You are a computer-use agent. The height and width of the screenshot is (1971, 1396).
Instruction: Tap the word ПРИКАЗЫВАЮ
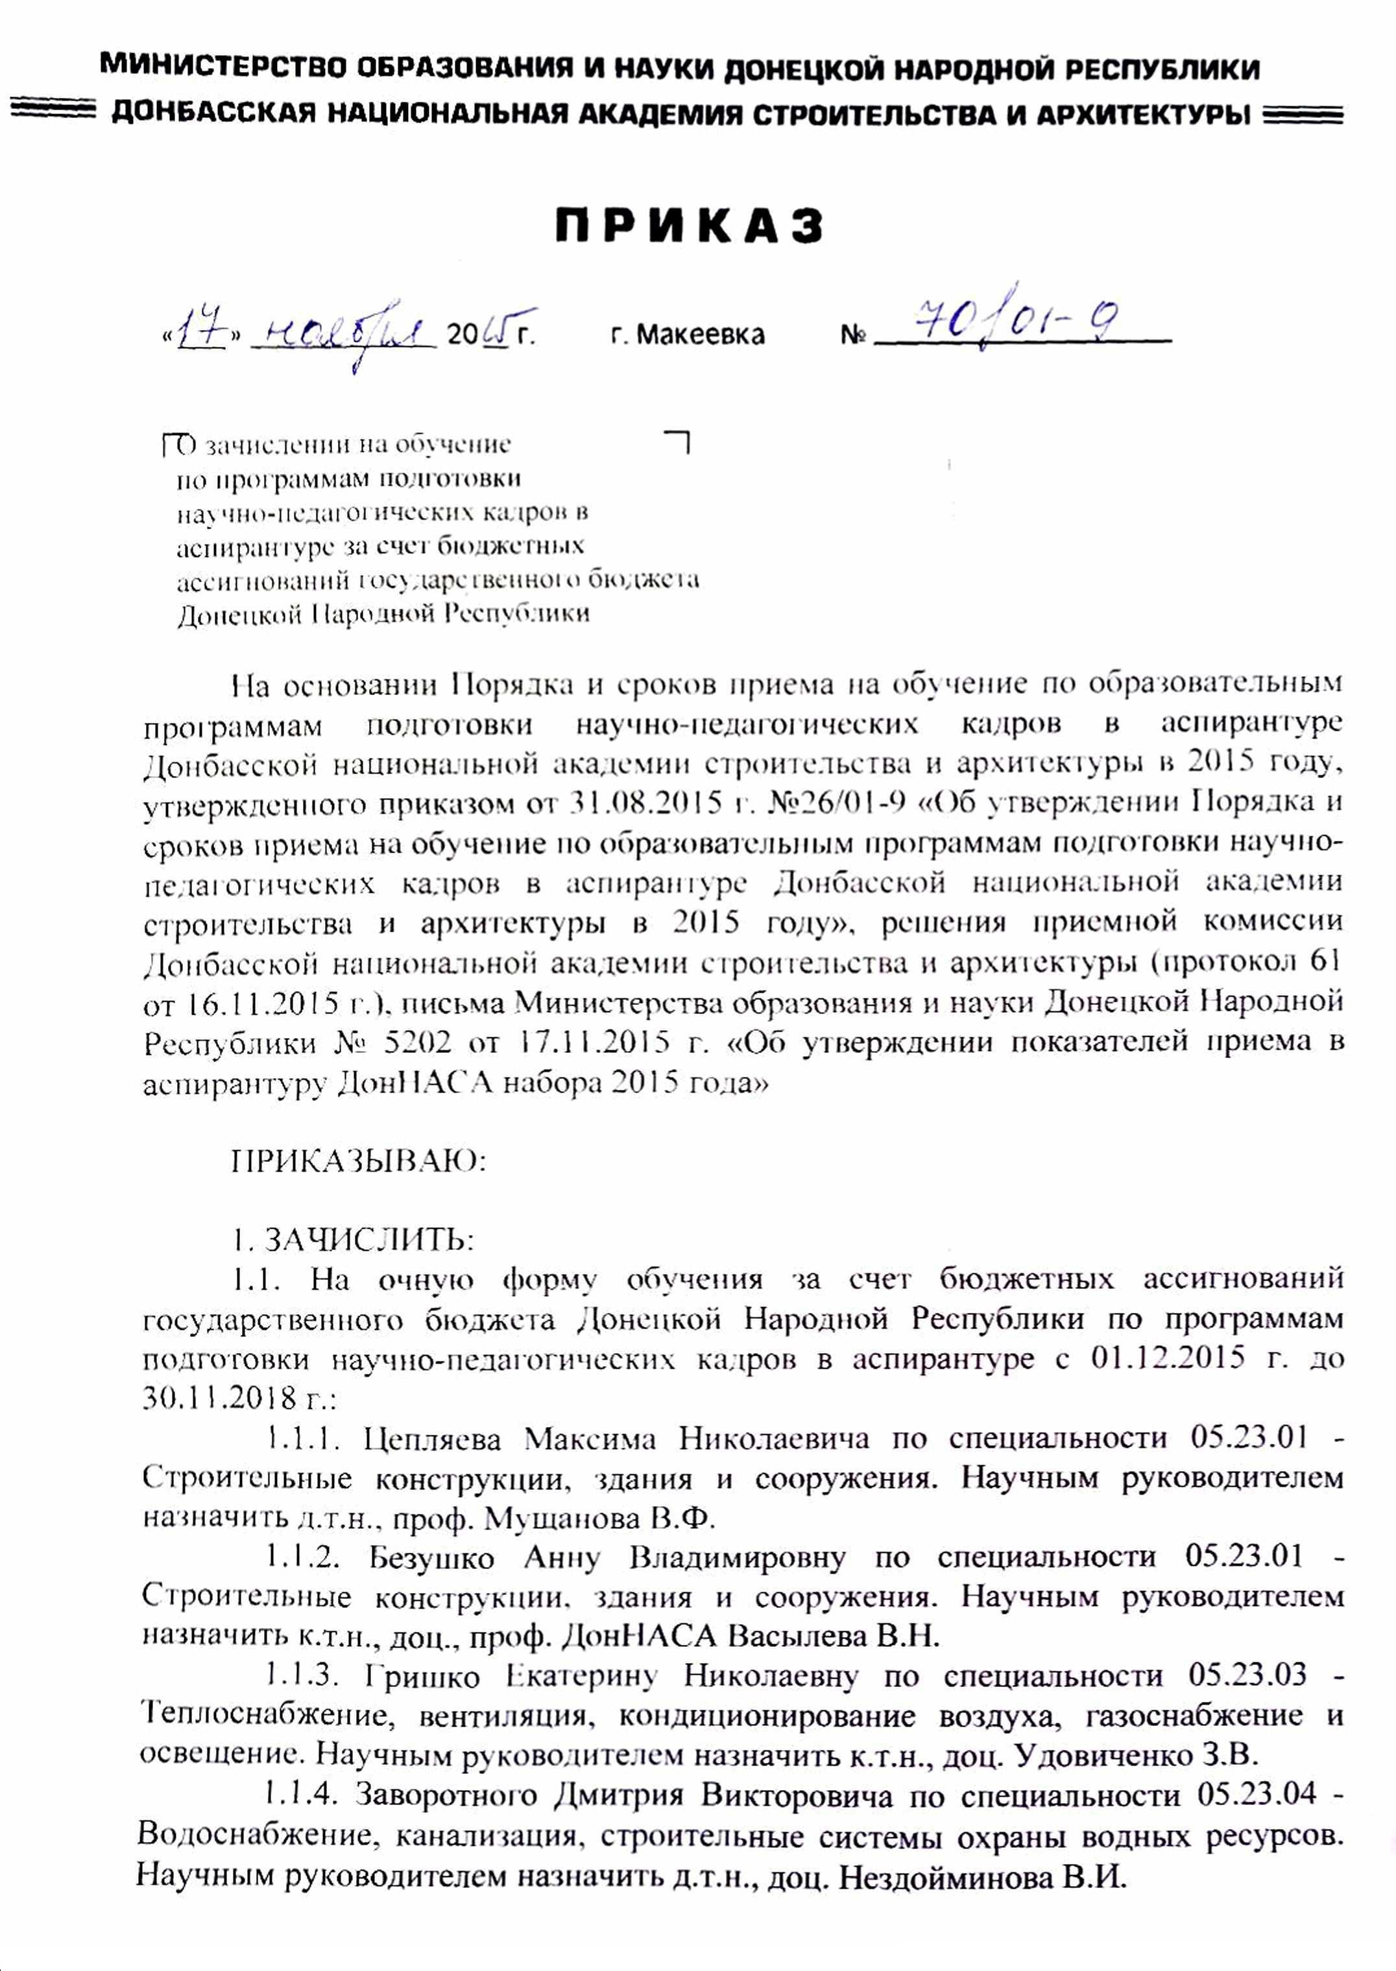pyautogui.click(x=359, y=1162)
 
